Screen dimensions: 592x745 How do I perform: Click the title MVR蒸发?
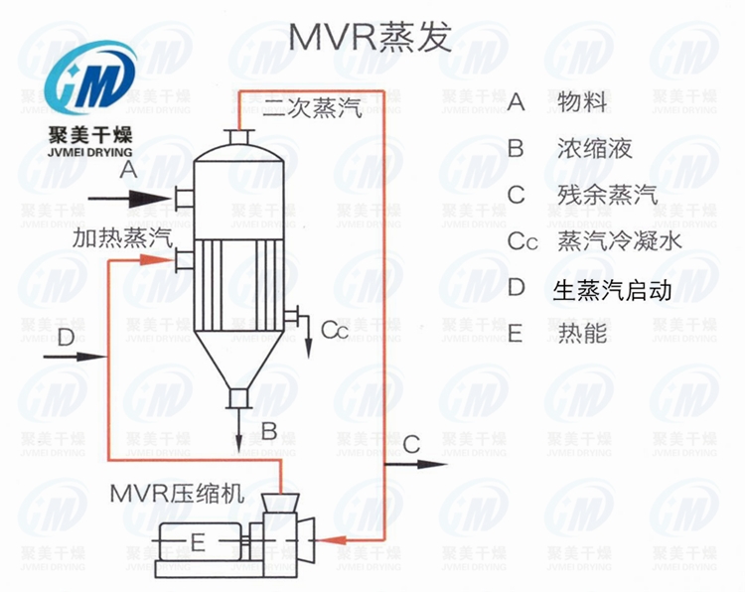[x=370, y=37]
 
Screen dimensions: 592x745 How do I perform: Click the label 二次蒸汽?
[x=312, y=110]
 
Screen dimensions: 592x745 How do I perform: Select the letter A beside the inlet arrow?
[x=127, y=172]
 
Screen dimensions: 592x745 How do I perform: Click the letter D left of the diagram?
[x=67, y=340]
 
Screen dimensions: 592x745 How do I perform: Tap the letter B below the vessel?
[x=268, y=431]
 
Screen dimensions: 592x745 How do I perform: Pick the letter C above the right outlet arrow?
[x=411, y=442]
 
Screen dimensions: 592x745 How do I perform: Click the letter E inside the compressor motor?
[x=197, y=541]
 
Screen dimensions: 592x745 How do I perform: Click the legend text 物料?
[x=582, y=102]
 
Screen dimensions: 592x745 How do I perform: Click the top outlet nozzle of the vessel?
[x=238, y=136]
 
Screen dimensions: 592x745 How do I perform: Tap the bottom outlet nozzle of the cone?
[x=237, y=398]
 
